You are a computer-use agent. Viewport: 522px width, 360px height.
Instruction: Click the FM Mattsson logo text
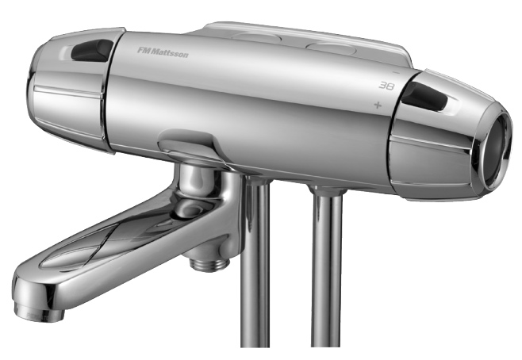(163, 52)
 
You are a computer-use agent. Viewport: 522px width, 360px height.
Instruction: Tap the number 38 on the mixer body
(386, 86)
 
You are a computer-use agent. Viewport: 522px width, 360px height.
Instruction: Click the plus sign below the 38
(378, 105)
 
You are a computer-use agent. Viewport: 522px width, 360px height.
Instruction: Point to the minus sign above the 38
(396, 72)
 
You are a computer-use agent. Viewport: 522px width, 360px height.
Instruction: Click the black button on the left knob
(93, 50)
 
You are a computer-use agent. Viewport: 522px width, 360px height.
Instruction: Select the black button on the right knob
(424, 97)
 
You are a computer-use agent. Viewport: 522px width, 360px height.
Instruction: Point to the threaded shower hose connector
(209, 262)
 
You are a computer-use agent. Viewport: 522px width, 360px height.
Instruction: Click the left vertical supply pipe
(255, 262)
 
